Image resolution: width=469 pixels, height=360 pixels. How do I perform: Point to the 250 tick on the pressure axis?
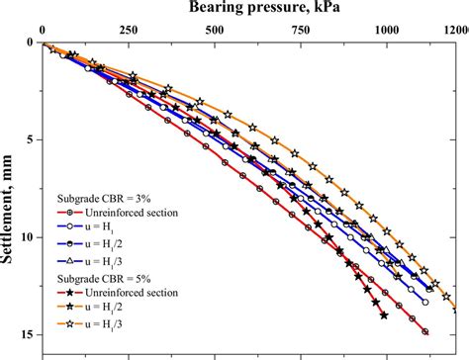[128, 31]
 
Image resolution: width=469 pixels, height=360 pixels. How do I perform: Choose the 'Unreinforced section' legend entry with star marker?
[126, 295]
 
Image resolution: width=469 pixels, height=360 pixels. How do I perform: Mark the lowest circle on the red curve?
[425, 331]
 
